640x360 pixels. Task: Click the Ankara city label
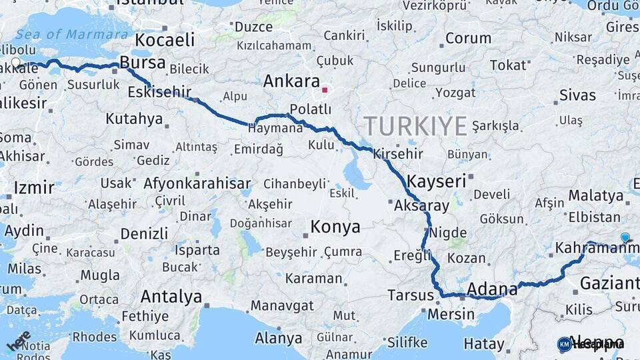click(x=291, y=81)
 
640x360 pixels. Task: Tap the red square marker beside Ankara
click(x=325, y=89)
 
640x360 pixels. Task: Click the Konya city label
click(x=335, y=227)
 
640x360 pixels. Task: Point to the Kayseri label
click(x=436, y=181)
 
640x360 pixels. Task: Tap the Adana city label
click(x=492, y=289)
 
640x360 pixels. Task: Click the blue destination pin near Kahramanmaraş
click(x=625, y=237)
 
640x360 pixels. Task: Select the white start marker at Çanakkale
click(x=15, y=64)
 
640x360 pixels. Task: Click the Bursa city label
click(x=143, y=63)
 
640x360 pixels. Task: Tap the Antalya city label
click(x=171, y=296)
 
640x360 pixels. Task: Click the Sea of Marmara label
click(x=71, y=34)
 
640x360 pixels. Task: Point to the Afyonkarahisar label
click(x=197, y=183)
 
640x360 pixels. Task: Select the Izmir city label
click(x=33, y=187)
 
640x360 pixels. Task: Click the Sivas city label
click(x=577, y=95)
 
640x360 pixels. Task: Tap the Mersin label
click(x=451, y=313)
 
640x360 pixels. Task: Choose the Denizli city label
click(x=144, y=233)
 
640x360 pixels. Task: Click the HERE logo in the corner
click(x=19, y=339)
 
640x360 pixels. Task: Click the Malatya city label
click(x=595, y=196)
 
